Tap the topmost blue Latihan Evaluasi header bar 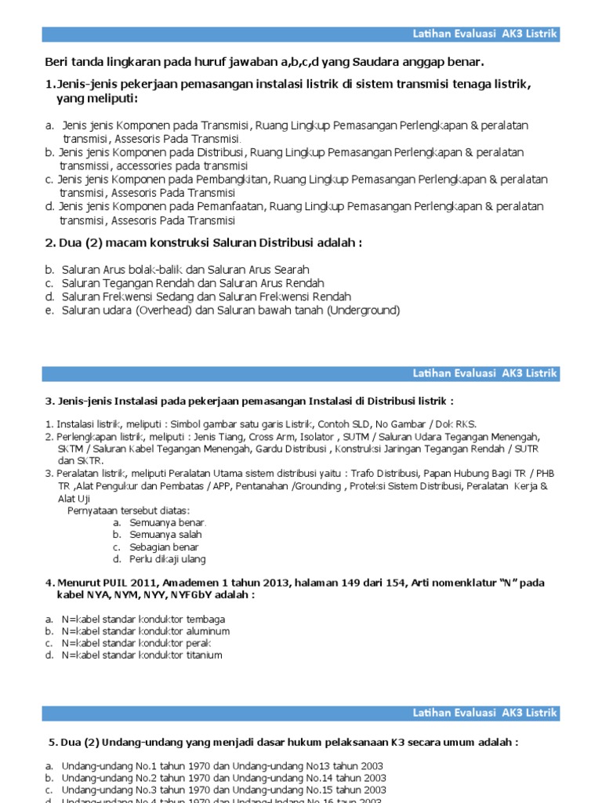(x=301, y=34)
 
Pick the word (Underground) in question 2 (x=363, y=311)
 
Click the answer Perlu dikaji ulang (x=168, y=559)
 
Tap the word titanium (x=201, y=655)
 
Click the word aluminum (x=205, y=630)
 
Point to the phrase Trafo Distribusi (x=382, y=474)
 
